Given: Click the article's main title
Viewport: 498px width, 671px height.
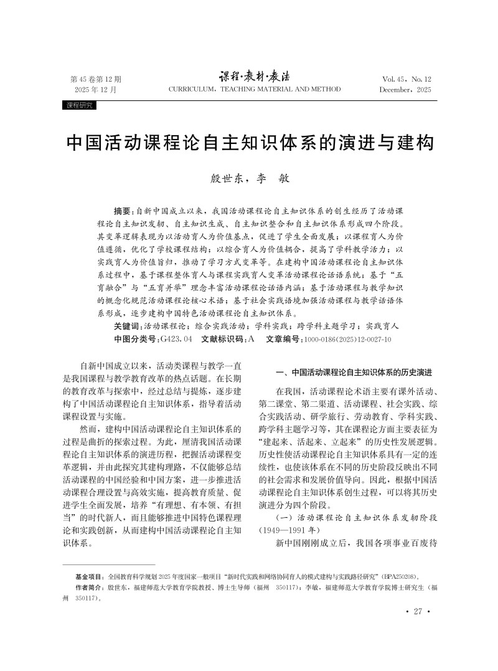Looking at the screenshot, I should pos(249,143).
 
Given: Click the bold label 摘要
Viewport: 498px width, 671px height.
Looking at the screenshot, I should pos(123,211).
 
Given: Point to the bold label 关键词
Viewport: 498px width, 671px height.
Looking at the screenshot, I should pos(128,326).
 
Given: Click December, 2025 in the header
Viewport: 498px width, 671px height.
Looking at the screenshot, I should pos(405,90).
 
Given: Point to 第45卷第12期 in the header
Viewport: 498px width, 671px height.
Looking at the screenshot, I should pos(96,79).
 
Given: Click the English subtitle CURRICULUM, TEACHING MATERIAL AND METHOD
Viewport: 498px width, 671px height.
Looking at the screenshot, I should pos(255,90).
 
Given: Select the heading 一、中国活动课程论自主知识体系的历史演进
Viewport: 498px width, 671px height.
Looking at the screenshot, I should pos(354,372).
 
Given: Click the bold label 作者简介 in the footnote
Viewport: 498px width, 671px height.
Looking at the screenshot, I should pos(90,588).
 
